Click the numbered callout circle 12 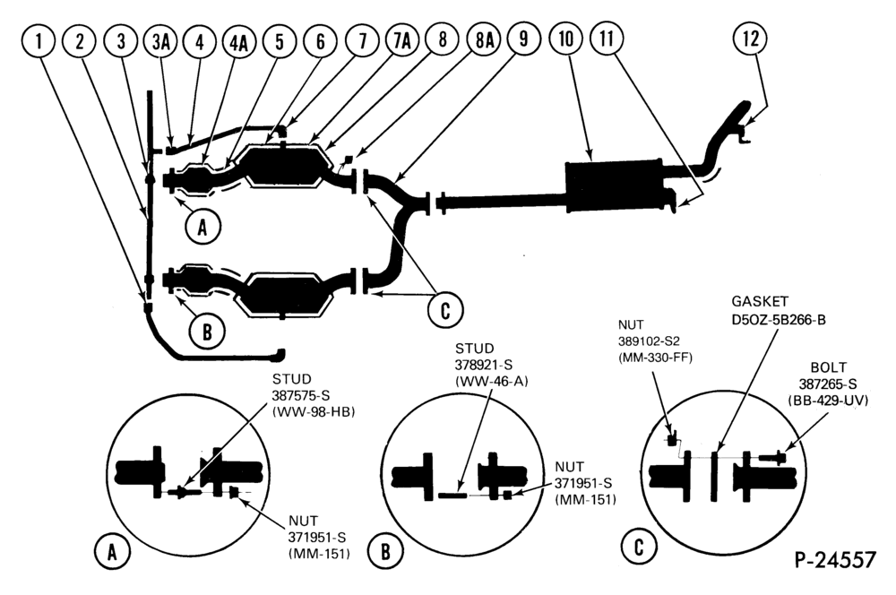point(750,39)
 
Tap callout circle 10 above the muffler point(565,39)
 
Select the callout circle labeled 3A point(160,42)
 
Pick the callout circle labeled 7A point(402,41)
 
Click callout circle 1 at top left point(39,42)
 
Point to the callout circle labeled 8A point(484,40)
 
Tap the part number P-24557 point(835,559)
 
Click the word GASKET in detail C point(760,301)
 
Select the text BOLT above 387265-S point(829,366)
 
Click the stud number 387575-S point(301,395)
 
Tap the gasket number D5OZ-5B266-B point(779,319)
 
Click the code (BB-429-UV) point(827,401)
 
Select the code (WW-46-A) point(491,381)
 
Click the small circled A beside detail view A point(112,552)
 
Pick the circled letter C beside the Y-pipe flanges point(445,310)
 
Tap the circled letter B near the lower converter point(207,331)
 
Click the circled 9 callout point(523,39)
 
